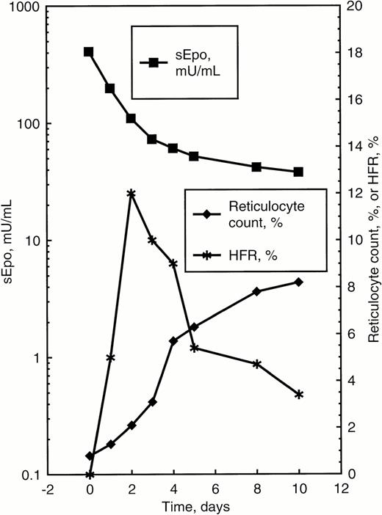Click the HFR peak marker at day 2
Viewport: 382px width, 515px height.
[131, 194]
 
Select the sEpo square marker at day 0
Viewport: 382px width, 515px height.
[89, 52]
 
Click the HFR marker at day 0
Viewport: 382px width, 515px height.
[89, 475]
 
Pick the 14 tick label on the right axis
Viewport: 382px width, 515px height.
[354, 147]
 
